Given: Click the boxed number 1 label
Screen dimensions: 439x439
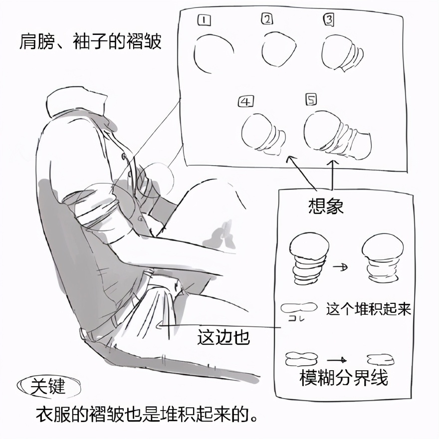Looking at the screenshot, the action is (204, 20).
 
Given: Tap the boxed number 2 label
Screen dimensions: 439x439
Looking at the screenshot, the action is (267, 19).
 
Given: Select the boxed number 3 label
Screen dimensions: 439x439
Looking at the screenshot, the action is (329, 20).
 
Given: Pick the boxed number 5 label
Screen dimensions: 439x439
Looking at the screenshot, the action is (311, 99).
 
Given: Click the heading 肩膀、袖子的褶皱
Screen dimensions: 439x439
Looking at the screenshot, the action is (90, 42).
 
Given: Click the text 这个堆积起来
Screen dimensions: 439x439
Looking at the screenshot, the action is (368, 309).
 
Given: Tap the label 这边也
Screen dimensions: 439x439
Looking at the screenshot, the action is (223, 337).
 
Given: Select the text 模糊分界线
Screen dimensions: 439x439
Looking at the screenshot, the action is (344, 378).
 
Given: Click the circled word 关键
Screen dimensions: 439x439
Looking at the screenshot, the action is (47, 386).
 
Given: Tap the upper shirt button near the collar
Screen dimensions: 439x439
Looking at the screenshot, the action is (123, 156).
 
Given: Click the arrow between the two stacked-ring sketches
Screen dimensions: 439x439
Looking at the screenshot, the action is (340, 267).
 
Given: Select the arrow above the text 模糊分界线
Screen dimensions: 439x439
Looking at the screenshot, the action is (337, 360).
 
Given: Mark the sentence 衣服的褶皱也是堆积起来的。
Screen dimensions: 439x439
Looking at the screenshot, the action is (147, 415).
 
